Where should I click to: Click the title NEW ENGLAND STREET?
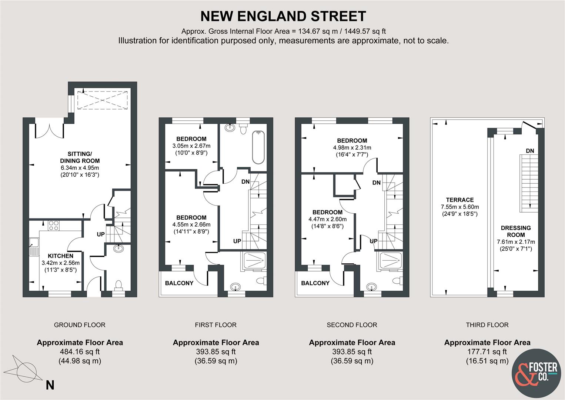tap(283, 16)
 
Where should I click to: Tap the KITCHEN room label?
tap(61, 256)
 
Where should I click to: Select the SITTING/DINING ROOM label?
tap(80, 157)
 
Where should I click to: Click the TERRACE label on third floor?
tap(459, 200)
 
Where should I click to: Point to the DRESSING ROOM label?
tap(516, 231)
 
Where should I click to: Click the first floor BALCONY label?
tap(179, 283)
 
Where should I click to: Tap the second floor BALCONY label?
tap(315, 283)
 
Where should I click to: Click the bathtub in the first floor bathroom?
tap(258, 147)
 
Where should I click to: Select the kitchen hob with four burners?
tap(53, 226)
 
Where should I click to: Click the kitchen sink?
tap(34, 247)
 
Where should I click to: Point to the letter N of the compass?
tap(50, 385)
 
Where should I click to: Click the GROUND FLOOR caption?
tap(80, 325)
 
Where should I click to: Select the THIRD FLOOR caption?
tap(487, 325)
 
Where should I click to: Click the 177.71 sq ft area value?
tap(487, 351)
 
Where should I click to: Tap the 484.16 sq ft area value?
tap(80, 351)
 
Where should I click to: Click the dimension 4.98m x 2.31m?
tap(352, 148)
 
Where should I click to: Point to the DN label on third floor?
tap(530, 151)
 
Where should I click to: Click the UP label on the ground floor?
tap(101, 234)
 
